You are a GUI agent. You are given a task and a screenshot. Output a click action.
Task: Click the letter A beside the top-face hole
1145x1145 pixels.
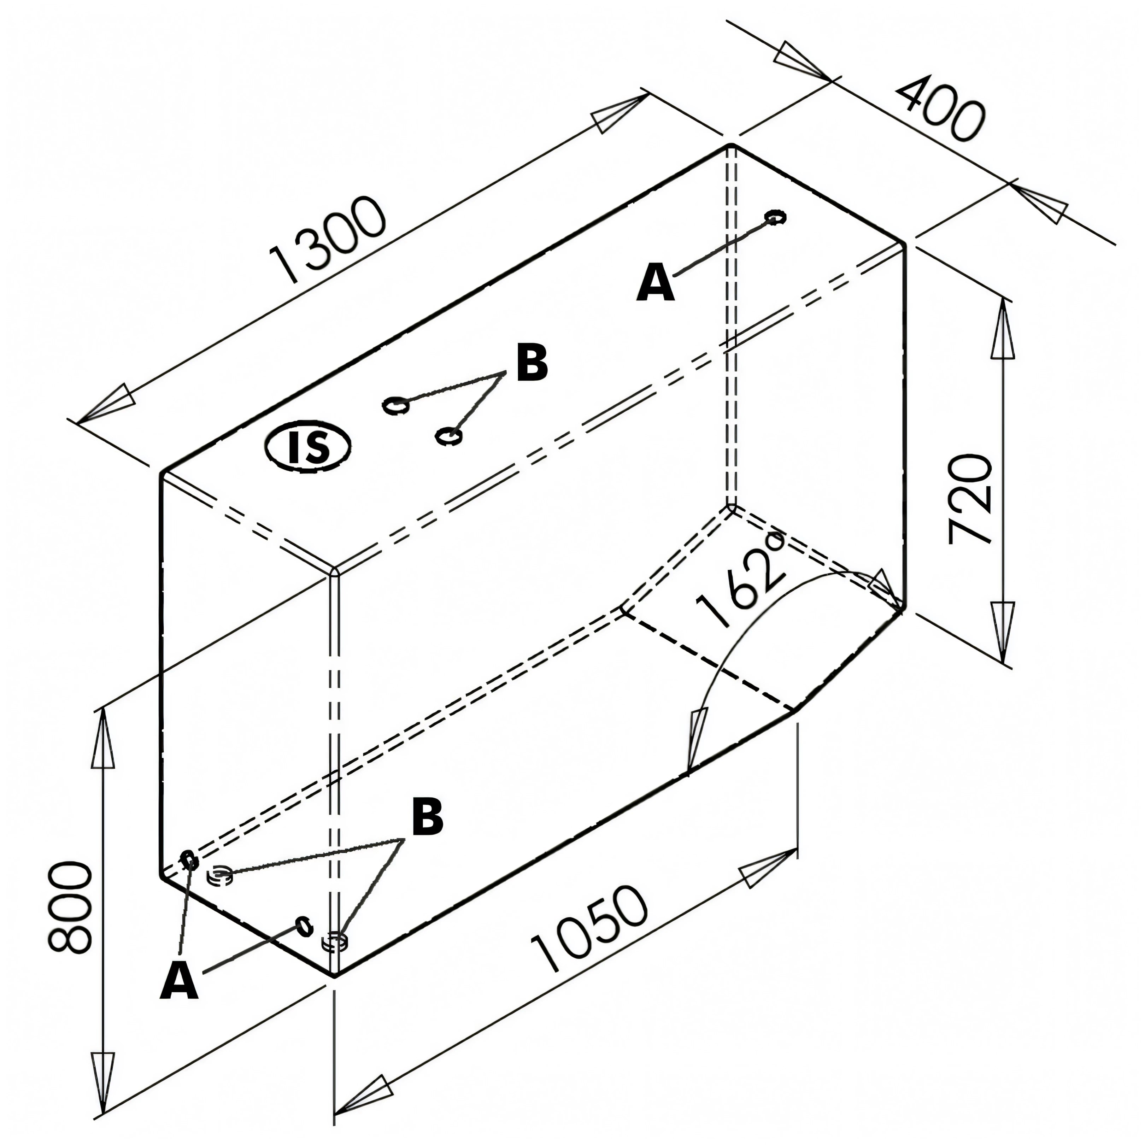pyautogui.click(x=656, y=284)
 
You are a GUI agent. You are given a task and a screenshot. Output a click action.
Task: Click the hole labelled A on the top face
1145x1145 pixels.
pyautogui.click(x=775, y=217)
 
